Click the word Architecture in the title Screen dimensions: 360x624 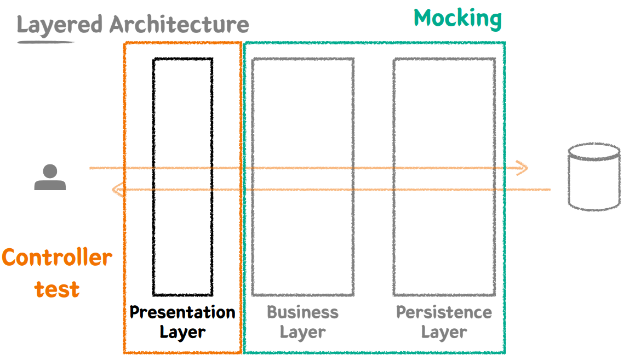[x=179, y=25]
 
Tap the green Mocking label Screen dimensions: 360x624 [x=457, y=18]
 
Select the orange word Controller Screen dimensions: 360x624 [x=57, y=257]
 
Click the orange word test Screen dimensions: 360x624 [x=57, y=289]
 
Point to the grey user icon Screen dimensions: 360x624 [x=50, y=178]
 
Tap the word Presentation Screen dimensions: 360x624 [x=182, y=312]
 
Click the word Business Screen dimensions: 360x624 [x=302, y=312]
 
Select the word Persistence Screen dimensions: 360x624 [x=444, y=312]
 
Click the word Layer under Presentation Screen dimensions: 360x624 [x=182, y=332]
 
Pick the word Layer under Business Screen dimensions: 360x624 [x=302, y=332]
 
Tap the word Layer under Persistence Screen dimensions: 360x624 [x=444, y=332]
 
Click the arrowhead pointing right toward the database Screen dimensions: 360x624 [x=523, y=168]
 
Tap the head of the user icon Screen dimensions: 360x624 [x=50, y=170]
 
